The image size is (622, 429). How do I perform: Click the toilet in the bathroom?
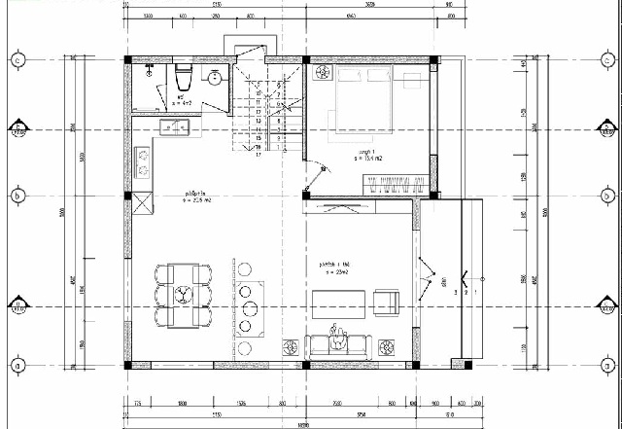point(183,76)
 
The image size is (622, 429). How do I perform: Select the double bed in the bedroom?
point(360,97)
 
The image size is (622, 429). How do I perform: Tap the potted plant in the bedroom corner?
point(320,72)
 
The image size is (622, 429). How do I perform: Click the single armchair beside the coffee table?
point(386,303)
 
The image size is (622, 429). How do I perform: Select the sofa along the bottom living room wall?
point(338,342)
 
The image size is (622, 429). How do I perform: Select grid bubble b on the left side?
point(19,195)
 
